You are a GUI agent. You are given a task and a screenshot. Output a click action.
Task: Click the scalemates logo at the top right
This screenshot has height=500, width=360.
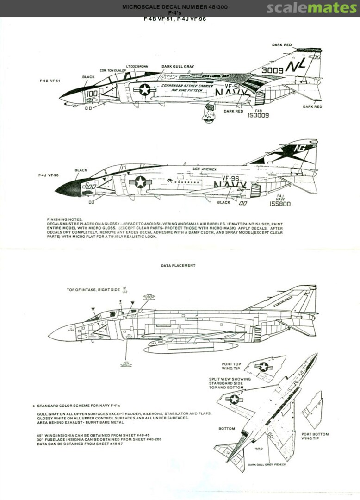tap(312, 8)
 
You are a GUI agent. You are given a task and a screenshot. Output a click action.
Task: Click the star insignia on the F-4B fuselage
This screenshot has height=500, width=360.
tap(144, 89)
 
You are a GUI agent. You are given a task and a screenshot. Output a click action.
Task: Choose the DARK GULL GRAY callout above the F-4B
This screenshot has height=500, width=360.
tap(178, 66)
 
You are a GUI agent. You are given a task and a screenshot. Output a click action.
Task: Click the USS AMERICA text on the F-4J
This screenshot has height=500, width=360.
tap(204, 169)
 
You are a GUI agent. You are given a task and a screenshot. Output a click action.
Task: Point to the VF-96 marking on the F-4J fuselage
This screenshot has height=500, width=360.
tap(230, 178)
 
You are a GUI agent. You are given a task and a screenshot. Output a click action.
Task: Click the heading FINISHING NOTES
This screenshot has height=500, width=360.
tap(65, 219)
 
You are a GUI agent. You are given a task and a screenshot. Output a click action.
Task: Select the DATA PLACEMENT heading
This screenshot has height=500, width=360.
tap(178, 266)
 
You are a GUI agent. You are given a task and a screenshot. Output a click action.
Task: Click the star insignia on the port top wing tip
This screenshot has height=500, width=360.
tap(263, 367)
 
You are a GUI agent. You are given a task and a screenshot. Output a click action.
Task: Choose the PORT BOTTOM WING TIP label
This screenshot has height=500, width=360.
tap(315, 437)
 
